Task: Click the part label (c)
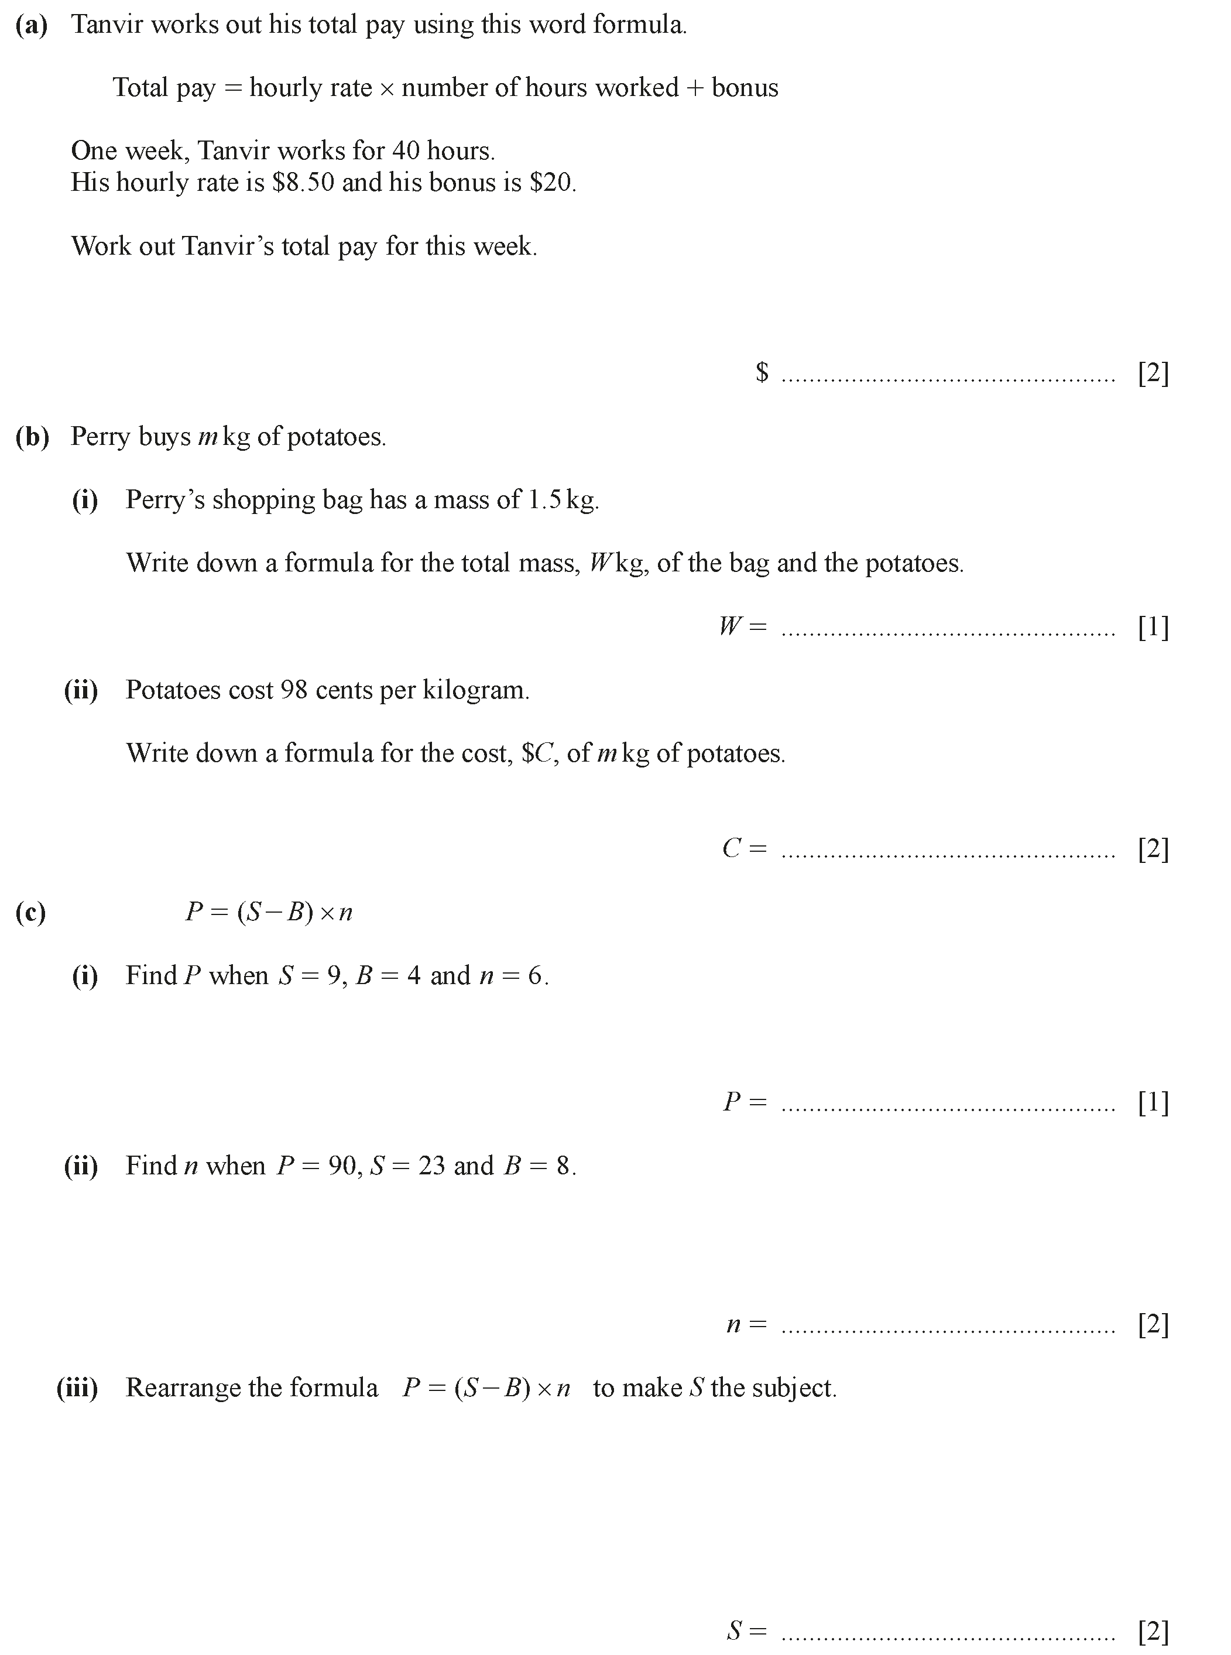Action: point(30,913)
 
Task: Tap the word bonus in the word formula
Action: point(745,88)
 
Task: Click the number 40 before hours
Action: point(406,151)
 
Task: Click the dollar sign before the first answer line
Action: point(762,372)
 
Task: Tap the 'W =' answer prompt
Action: point(742,626)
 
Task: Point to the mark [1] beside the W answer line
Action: point(1153,626)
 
